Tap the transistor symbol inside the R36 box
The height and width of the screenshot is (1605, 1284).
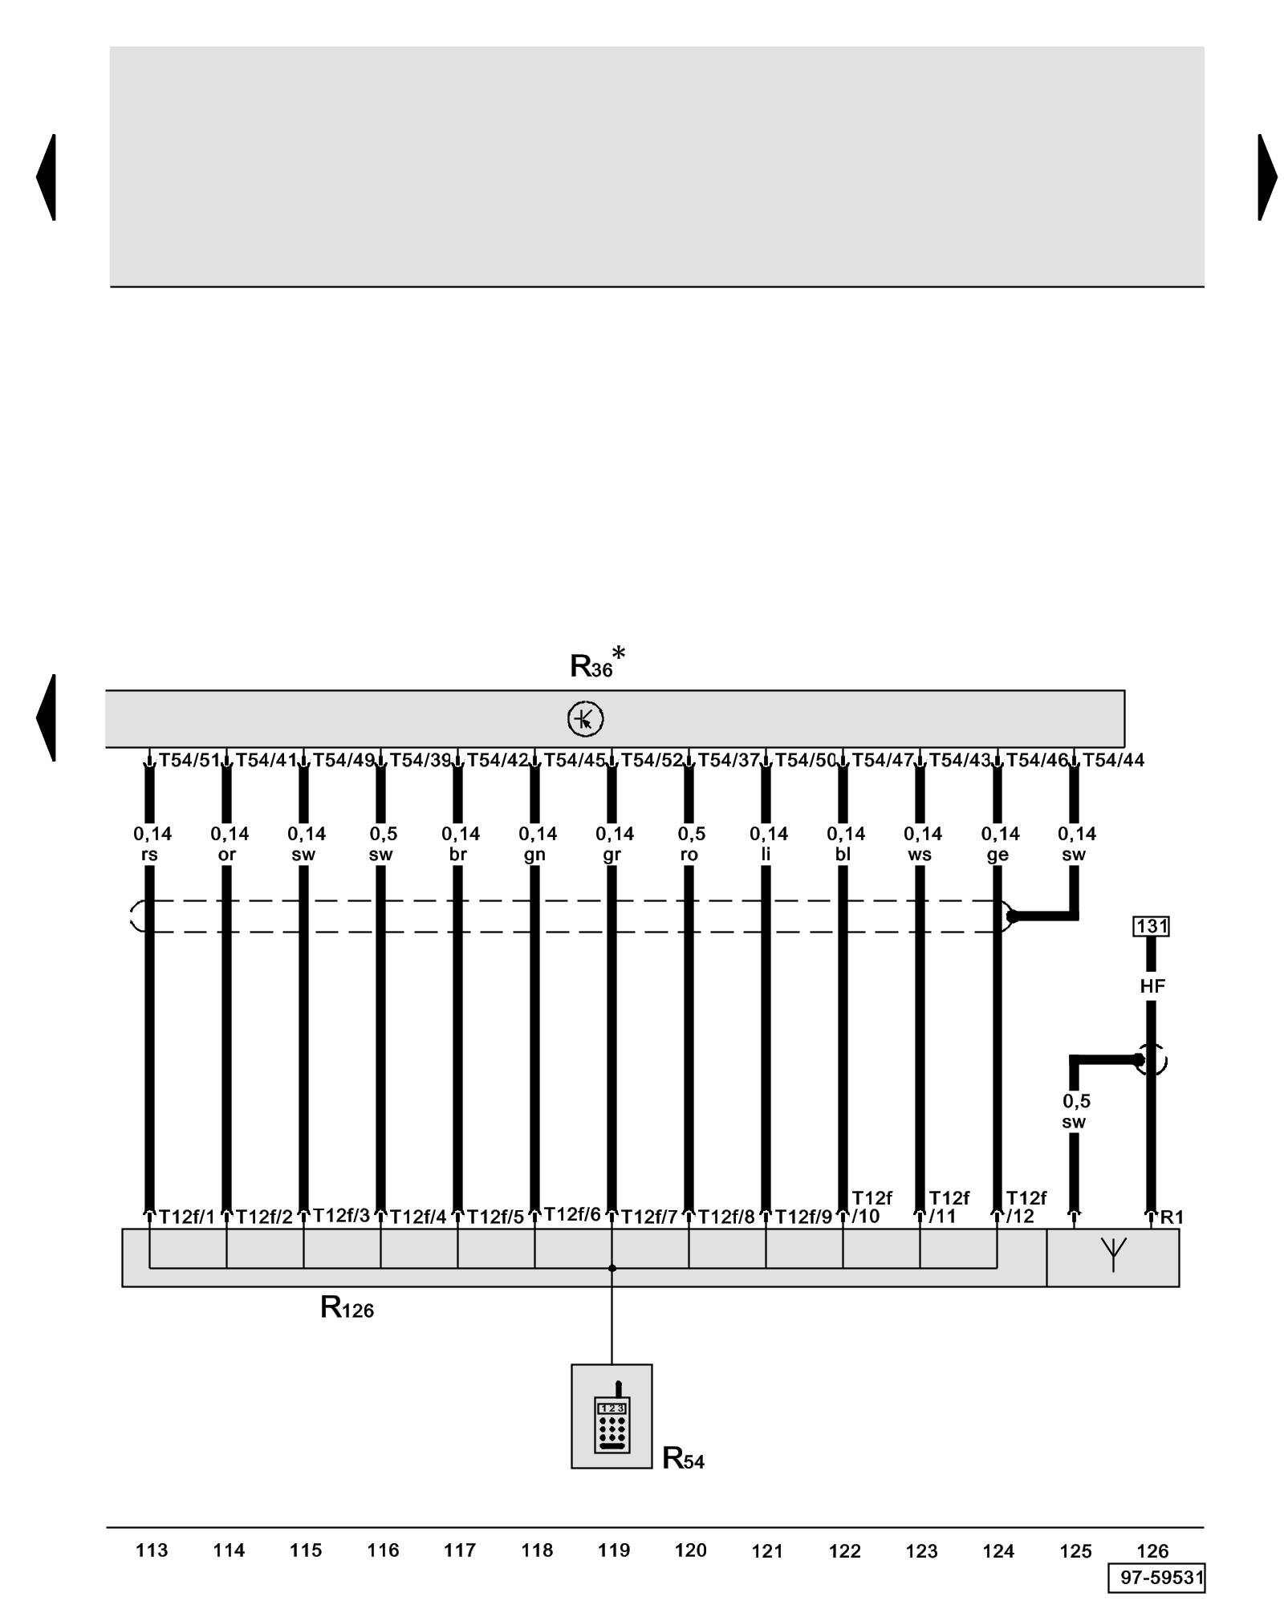click(x=585, y=719)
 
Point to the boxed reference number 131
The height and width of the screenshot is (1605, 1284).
click(x=1151, y=926)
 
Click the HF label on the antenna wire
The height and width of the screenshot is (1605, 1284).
click(x=1152, y=986)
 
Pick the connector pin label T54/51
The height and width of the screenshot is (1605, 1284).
click(x=189, y=760)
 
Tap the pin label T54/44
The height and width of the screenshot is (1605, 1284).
click(x=1113, y=760)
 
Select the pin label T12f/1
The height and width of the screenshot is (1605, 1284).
click(x=187, y=1217)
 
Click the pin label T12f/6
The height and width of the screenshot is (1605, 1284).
click(x=572, y=1215)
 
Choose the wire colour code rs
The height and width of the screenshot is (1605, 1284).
click(x=149, y=855)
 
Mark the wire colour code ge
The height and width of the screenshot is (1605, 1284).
click(x=997, y=855)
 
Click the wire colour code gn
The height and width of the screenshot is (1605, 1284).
click(x=534, y=855)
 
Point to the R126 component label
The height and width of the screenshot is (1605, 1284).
click(x=347, y=1309)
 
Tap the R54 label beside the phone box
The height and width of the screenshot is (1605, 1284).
click(x=683, y=1458)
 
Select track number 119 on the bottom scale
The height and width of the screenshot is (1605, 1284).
click(x=613, y=1550)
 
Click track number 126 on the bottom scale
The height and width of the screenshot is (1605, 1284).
click(x=1152, y=1551)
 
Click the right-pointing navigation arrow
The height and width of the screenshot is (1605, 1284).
click(x=1266, y=177)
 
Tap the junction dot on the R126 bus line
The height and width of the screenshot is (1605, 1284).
click(x=612, y=1269)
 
